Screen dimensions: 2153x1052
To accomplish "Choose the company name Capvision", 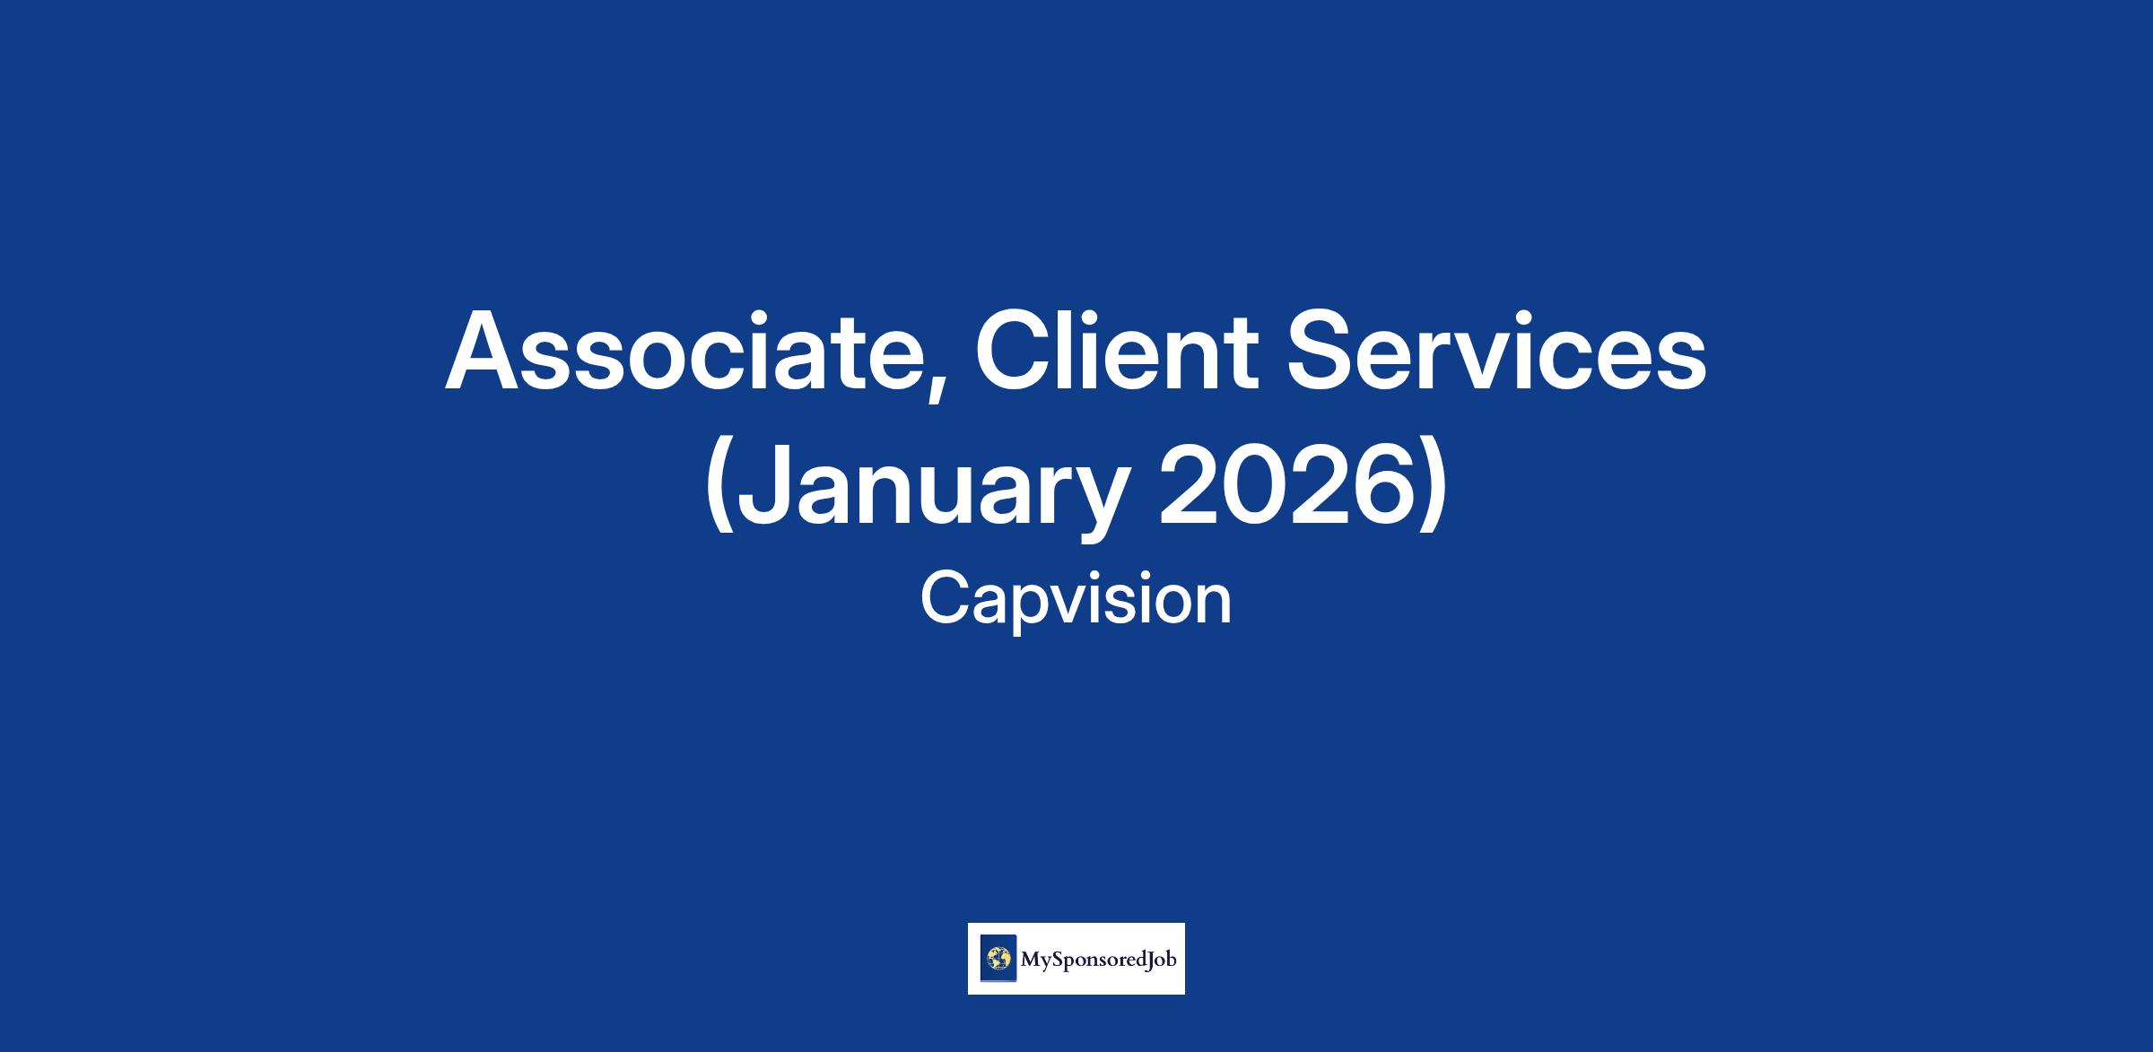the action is coord(1076,600).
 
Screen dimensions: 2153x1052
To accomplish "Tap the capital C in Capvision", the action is coord(946,600).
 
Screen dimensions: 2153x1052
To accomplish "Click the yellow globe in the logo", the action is coord(998,959).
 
